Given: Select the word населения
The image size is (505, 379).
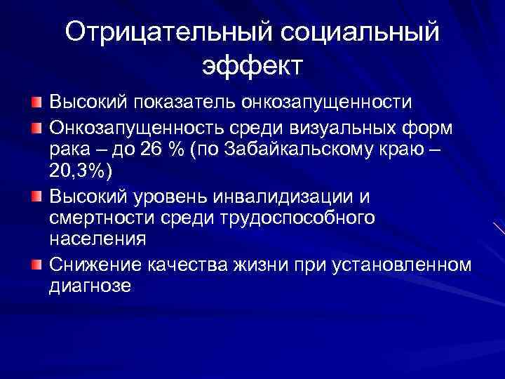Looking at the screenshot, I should tap(97, 240).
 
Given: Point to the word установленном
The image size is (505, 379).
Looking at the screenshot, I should tap(400, 265).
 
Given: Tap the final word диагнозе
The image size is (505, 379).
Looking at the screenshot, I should tap(90, 286).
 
